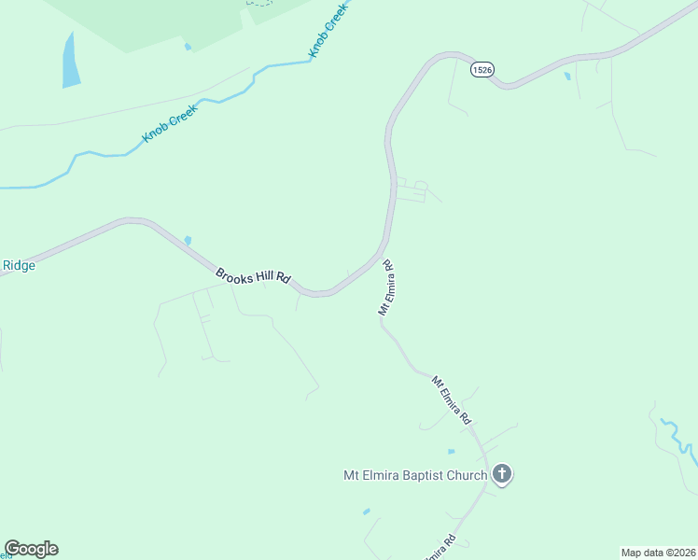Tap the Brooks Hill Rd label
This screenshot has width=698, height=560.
coord(254,276)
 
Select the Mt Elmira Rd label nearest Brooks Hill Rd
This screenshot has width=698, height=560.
coord(386,287)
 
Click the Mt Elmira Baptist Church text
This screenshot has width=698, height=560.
coord(413,475)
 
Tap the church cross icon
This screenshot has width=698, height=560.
coord(502,474)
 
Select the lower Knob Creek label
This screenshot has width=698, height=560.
coord(172,124)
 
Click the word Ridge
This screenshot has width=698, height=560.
coord(19,265)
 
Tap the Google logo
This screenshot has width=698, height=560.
coord(31,549)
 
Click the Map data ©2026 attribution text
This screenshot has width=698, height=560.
coord(659,552)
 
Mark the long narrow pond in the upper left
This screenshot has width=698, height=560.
coord(70,61)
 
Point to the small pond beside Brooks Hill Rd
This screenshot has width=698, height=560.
coord(188,241)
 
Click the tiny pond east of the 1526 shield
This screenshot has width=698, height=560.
coord(567,77)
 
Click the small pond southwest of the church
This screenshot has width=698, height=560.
coord(366,511)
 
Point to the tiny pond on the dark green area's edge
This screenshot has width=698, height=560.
coord(188,48)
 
